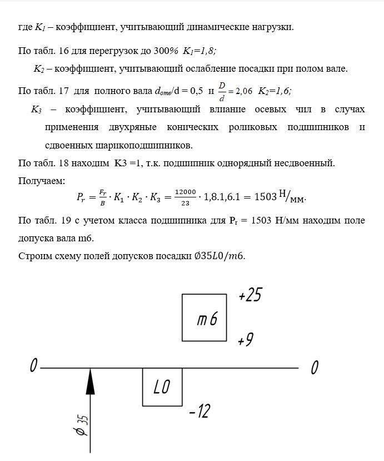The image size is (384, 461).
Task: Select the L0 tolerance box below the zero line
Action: (162, 387)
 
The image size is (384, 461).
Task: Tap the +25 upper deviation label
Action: (250, 296)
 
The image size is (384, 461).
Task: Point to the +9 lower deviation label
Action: (245, 339)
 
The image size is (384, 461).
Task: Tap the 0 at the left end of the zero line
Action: (33, 366)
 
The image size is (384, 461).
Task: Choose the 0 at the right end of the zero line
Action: (315, 367)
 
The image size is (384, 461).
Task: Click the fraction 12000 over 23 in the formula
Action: (185, 197)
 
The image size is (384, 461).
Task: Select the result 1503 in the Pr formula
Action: (265, 197)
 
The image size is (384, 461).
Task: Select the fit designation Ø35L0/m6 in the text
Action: (215, 256)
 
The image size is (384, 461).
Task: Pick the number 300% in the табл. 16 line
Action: (165, 51)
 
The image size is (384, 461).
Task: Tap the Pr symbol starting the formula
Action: (80, 197)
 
